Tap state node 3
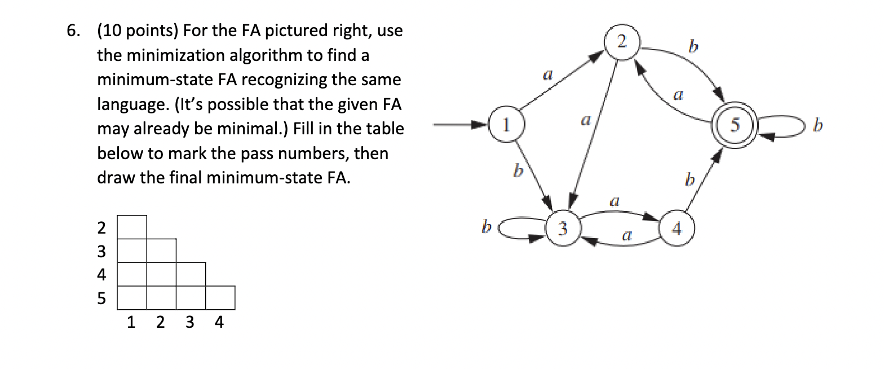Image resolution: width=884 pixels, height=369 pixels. pos(562,229)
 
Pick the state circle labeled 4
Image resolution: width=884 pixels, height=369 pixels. pos(677,229)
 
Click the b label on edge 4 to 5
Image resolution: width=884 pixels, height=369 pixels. pos(688,181)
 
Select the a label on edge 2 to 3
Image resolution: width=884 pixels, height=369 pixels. pos(586,120)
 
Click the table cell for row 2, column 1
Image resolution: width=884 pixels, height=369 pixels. pos(132,227)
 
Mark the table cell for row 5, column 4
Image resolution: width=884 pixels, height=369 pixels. pos(220,298)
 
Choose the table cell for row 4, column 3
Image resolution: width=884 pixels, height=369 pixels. pos(191,274)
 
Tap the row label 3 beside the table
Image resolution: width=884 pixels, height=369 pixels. pos(101,251)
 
